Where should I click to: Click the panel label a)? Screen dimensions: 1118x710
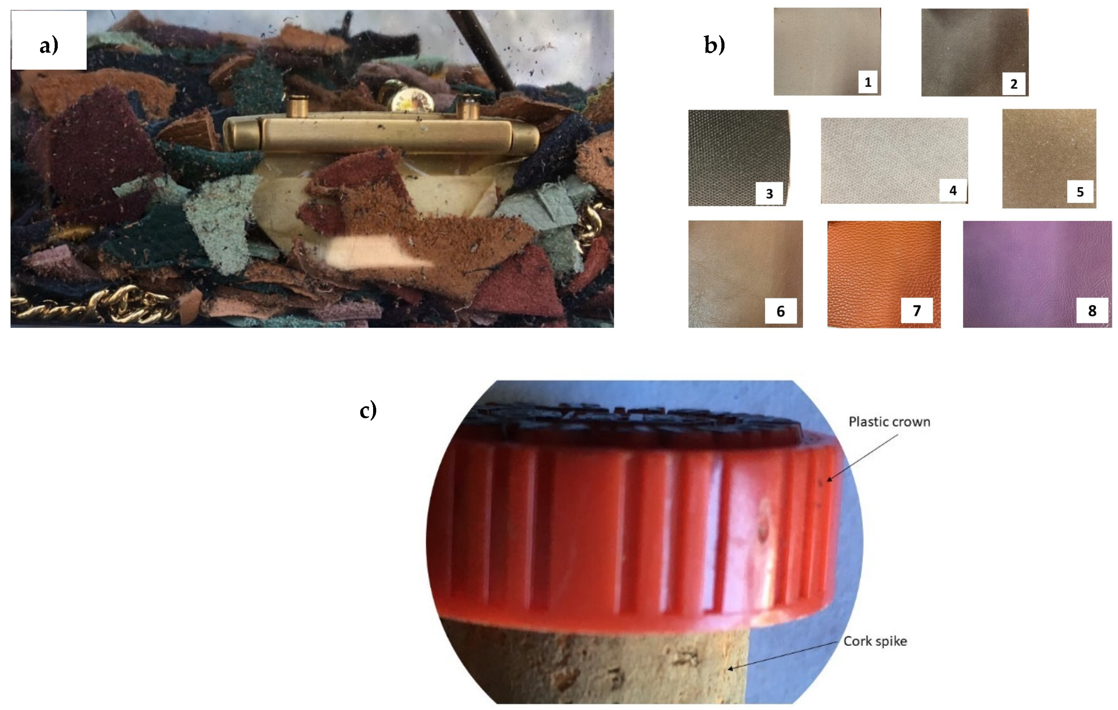(x=49, y=45)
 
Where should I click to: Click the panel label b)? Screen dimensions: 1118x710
(x=714, y=45)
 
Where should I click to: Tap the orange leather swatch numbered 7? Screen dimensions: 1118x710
(x=884, y=274)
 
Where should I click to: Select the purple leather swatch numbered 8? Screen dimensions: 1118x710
(x=1037, y=274)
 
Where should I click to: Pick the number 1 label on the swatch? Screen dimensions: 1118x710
(x=868, y=82)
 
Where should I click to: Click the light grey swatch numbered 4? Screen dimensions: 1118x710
(x=894, y=161)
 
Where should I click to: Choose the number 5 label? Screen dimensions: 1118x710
(x=1080, y=192)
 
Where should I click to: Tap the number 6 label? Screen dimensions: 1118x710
(x=781, y=311)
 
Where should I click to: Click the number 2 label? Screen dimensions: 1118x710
(x=1014, y=84)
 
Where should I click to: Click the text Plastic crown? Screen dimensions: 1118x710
(x=889, y=421)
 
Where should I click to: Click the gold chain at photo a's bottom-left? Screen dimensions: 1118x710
(x=93, y=304)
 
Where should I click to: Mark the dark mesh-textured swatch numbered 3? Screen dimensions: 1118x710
(x=739, y=158)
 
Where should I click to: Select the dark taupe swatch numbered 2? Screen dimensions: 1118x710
(x=974, y=52)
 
